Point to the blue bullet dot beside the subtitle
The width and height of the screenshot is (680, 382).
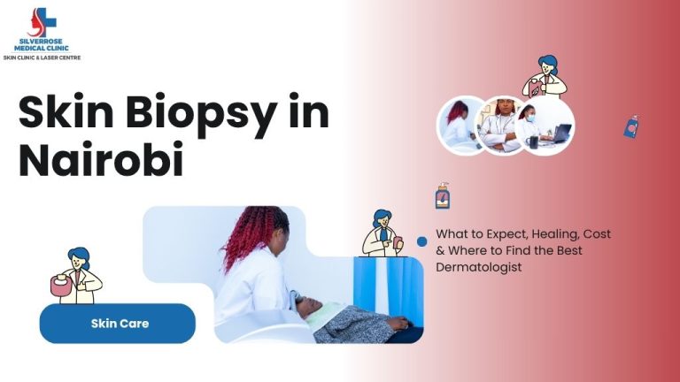422,241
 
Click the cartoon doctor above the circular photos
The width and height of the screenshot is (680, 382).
545,77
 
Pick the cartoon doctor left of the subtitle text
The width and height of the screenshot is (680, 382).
382,233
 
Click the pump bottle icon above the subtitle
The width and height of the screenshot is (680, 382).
442,195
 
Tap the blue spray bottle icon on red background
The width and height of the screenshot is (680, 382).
631,126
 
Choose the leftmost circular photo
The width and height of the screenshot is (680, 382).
462,125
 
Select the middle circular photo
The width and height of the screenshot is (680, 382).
502,125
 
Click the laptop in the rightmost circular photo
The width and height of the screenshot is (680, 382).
561,134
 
